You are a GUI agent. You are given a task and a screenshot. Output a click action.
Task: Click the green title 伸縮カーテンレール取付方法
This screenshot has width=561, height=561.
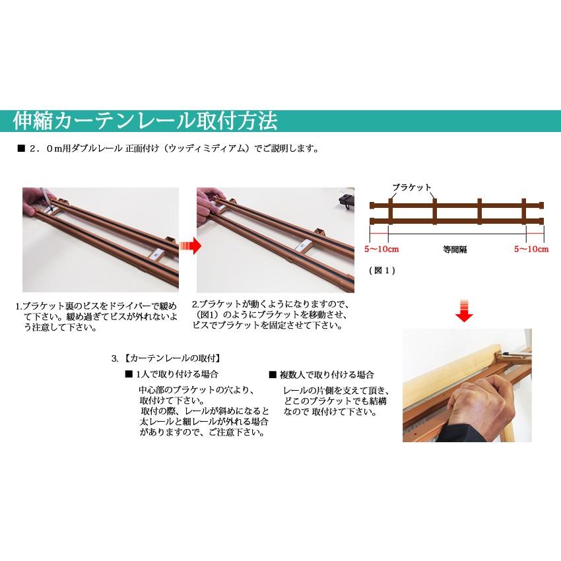145,121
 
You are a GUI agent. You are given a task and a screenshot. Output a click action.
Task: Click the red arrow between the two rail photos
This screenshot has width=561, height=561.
189,246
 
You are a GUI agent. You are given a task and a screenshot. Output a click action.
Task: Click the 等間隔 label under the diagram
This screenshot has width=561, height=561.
455,249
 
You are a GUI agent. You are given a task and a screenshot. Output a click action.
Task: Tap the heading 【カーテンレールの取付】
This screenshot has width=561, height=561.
172,358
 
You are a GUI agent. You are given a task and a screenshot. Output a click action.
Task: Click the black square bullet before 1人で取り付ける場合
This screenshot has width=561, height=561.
128,374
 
